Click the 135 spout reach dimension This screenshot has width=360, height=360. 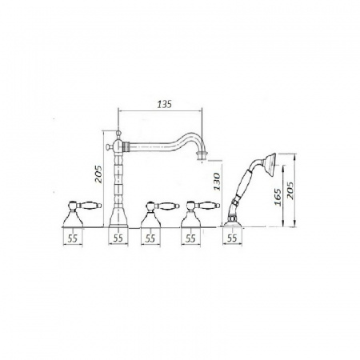click(164, 105)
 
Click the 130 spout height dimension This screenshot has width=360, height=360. click(218, 182)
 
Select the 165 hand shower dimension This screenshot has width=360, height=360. click(278, 198)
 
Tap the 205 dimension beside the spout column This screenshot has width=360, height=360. click(98, 174)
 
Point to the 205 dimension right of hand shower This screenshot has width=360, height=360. click(290, 190)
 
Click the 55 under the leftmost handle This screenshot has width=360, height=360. click(72, 238)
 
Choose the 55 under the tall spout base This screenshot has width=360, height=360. click(118, 238)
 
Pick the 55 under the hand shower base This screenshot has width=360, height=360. click(232, 238)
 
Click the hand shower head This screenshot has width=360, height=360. click(270, 165)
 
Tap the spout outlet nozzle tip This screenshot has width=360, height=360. click(202, 157)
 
